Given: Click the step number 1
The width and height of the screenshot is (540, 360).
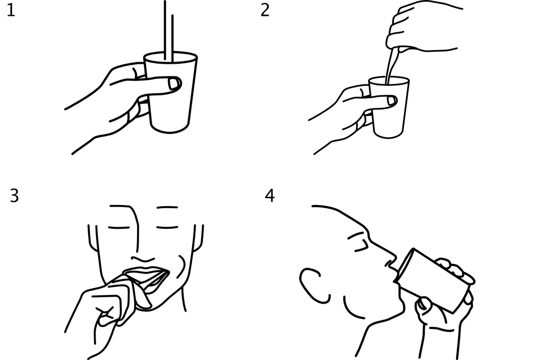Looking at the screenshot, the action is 11,10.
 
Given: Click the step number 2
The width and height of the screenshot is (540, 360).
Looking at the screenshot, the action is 265,10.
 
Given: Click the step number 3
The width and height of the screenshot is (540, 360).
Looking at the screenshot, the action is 14,196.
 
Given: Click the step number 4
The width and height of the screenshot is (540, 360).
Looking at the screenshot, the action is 269,196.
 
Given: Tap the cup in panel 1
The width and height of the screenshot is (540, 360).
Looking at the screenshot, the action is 170,92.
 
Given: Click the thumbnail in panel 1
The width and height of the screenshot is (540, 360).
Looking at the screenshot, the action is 174,84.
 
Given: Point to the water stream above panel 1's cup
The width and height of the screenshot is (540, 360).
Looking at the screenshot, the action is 168,31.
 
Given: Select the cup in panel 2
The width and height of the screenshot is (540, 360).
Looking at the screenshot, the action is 389,107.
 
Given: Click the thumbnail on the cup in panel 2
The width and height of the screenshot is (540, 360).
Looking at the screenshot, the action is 392,101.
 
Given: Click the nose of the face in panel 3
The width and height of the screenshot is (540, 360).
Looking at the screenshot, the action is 142,258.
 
